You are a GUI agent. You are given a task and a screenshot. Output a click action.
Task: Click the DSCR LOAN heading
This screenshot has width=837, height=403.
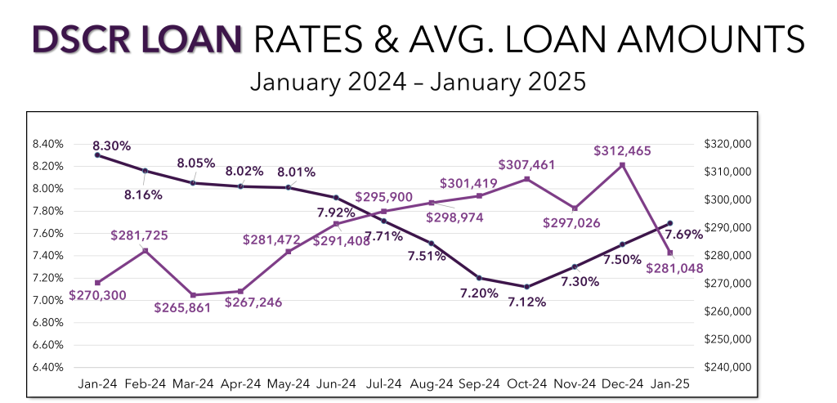(x=137, y=39)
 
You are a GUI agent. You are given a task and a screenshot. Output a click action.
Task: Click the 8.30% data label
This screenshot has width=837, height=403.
(x=112, y=146)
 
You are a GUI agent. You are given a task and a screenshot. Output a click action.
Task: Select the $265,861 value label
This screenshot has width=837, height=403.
(x=181, y=308)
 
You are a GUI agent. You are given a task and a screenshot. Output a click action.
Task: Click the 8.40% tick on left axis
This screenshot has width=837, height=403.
(x=48, y=144)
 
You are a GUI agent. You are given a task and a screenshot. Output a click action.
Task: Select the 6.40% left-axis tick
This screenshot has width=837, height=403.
(x=48, y=367)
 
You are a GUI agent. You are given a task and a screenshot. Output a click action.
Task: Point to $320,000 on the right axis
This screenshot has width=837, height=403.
(x=727, y=144)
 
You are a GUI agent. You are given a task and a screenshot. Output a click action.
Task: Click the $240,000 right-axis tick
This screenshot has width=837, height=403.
(x=727, y=367)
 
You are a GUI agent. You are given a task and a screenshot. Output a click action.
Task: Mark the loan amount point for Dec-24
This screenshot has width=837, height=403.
(x=623, y=165)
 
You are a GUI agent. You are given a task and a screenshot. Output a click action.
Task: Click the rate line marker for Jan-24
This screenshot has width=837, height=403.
(x=97, y=154)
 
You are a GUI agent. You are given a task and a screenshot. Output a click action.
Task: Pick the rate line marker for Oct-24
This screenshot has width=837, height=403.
(x=527, y=287)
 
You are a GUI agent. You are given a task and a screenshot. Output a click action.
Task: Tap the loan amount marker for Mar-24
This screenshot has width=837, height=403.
(x=193, y=295)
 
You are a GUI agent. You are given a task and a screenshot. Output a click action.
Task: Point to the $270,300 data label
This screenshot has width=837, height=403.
(x=97, y=295)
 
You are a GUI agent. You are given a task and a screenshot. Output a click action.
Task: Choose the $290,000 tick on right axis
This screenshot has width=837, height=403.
(x=727, y=227)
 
